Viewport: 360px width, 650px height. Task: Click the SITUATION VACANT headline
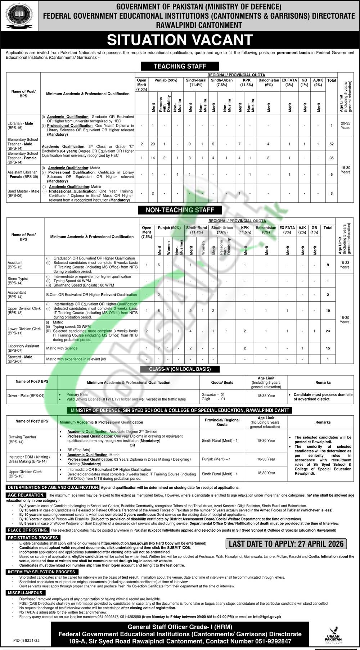pyautogui.click(x=180, y=40)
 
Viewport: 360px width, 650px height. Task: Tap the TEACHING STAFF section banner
pyautogui.click(x=180, y=66)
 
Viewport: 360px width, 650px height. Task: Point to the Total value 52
pyautogui.click(x=331, y=144)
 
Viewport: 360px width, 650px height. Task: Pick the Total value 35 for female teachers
pyautogui.click(x=331, y=158)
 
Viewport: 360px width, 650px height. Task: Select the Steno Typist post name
pyautogui.click(x=18, y=281)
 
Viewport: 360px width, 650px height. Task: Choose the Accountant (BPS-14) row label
pyautogui.click(x=17, y=294)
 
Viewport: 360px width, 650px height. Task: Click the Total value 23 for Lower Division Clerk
pyautogui.click(x=328, y=331)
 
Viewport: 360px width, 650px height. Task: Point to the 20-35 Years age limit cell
pyautogui.click(x=345, y=126)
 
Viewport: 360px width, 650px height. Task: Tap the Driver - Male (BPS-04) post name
pyautogui.click(x=26, y=396)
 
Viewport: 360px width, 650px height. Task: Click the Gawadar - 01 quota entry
pyautogui.click(x=213, y=394)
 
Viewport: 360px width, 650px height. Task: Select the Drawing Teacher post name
pyautogui.click(x=22, y=439)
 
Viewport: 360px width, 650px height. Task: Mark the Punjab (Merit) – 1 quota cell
pyautogui.click(x=216, y=459)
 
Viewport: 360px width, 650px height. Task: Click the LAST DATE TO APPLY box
pyautogui.click(x=286, y=543)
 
